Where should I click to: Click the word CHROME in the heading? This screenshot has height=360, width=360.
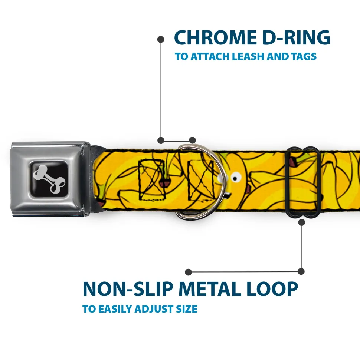point(213,38)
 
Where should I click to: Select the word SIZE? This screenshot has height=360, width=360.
point(187,309)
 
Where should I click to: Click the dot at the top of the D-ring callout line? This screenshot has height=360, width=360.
point(161,39)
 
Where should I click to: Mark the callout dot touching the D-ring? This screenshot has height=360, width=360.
point(192,140)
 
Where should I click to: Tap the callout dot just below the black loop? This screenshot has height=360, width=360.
point(301,222)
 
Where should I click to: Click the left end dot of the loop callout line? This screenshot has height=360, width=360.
point(189,272)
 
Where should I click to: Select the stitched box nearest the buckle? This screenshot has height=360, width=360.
point(150,179)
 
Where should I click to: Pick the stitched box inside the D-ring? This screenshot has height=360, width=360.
point(201,179)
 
